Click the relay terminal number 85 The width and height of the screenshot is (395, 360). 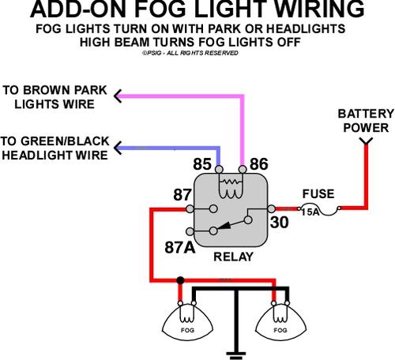pyautogui.click(x=202, y=164)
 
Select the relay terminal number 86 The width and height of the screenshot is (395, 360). pyautogui.click(x=259, y=164)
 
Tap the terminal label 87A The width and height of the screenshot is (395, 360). pyautogui.click(x=180, y=247)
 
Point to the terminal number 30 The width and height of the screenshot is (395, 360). pyautogui.click(x=279, y=223)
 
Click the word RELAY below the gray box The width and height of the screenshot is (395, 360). pyautogui.click(x=233, y=257)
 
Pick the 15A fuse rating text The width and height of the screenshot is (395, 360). pyautogui.click(x=310, y=212)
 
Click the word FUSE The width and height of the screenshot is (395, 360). pyautogui.click(x=318, y=194)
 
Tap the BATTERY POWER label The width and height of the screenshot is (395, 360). pyautogui.click(x=366, y=121)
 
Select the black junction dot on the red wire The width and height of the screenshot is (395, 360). pyautogui.click(x=180, y=280)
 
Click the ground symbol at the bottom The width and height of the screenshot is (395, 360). pyautogui.click(x=236, y=355)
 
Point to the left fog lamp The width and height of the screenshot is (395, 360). pyautogui.click(x=187, y=322)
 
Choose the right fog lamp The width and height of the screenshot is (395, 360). pyautogui.click(x=280, y=322)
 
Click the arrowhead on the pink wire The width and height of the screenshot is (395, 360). pyautogui.click(x=118, y=96)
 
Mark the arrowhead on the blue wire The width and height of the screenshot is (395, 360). pyautogui.click(x=118, y=148)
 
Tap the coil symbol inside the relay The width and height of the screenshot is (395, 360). pyautogui.click(x=231, y=188)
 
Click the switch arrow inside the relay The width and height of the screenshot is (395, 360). pyautogui.click(x=231, y=226)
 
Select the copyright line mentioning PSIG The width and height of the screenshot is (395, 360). pyautogui.click(x=190, y=53)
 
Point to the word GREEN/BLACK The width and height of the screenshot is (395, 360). pyautogui.click(x=65, y=141)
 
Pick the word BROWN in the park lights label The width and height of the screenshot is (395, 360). pyautogui.click(x=47, y=90)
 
